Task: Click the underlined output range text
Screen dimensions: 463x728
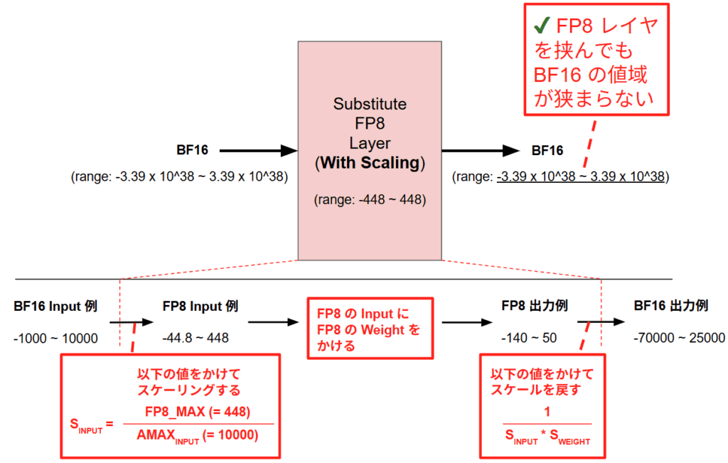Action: click(x=583, y=177)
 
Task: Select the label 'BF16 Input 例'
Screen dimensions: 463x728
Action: click(x=55, y=307)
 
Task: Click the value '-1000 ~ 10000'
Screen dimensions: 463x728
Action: click(x=55, y=338)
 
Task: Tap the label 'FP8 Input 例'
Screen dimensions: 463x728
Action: click(x=200, y=307)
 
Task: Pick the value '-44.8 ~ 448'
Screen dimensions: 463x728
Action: click(x=196, y=338)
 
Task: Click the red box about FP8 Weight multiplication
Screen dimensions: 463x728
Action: click(x=369, y=329)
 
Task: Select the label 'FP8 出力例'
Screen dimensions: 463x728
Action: click(x=534, y=307)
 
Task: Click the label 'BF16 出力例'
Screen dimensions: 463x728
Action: click(x=670, y=307)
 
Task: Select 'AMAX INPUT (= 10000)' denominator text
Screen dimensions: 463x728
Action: click(x=198, y=435)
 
